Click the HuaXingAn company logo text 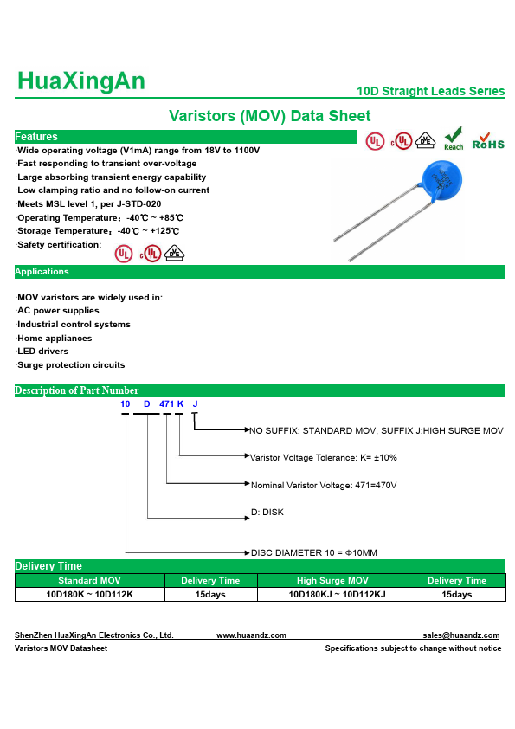point(81,81)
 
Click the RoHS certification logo point(488,141)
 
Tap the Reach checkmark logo point(454,139)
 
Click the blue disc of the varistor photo point(441,181)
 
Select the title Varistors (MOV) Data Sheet point(269,116)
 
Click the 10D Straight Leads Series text point(430,91)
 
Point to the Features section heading point(36,137)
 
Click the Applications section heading point(42,272)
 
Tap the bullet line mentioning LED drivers point(42,352)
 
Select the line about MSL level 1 point(88,204)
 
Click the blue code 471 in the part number point(166,404)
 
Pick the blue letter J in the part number point(196,404)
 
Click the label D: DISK point(267,513)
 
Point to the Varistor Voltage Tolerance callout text point(324,458)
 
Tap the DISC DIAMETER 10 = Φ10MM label point(314,552)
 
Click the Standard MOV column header point(89,581)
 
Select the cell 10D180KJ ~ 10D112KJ point(337,595)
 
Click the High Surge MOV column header point(332,581)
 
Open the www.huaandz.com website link point(252,635)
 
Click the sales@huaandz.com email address point(461,635)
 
